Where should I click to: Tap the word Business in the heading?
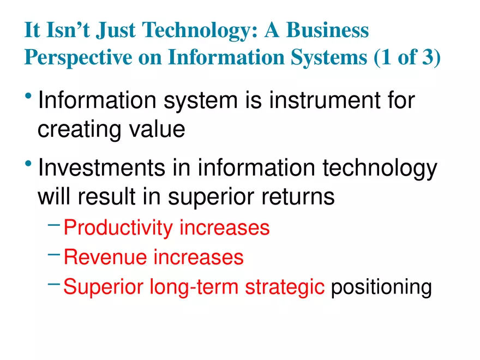(x=328, y=31)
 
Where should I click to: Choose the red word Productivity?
(x=118, y=228)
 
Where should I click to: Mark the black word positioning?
(x=381, y=286)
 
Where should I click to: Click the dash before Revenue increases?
(x=54, y=254)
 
